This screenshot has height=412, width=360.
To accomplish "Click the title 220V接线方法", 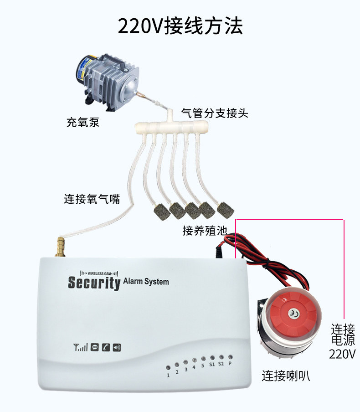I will [x=180, y=26].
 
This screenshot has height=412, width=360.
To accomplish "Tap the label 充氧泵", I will [x=82, y=122].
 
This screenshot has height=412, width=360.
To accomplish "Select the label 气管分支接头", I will [x=215, y=113].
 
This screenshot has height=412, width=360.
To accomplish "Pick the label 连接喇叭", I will [x=286, y=376].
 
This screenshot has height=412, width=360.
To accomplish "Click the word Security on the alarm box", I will [x=94, y=283].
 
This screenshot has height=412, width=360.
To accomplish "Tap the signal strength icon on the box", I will [x=81, y=348].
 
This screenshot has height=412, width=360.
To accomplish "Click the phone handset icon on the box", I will [x=106, y=347].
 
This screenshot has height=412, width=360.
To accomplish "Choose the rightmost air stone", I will [x=224, y=210].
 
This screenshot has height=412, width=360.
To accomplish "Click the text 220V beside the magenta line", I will [x=342, y=354].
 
